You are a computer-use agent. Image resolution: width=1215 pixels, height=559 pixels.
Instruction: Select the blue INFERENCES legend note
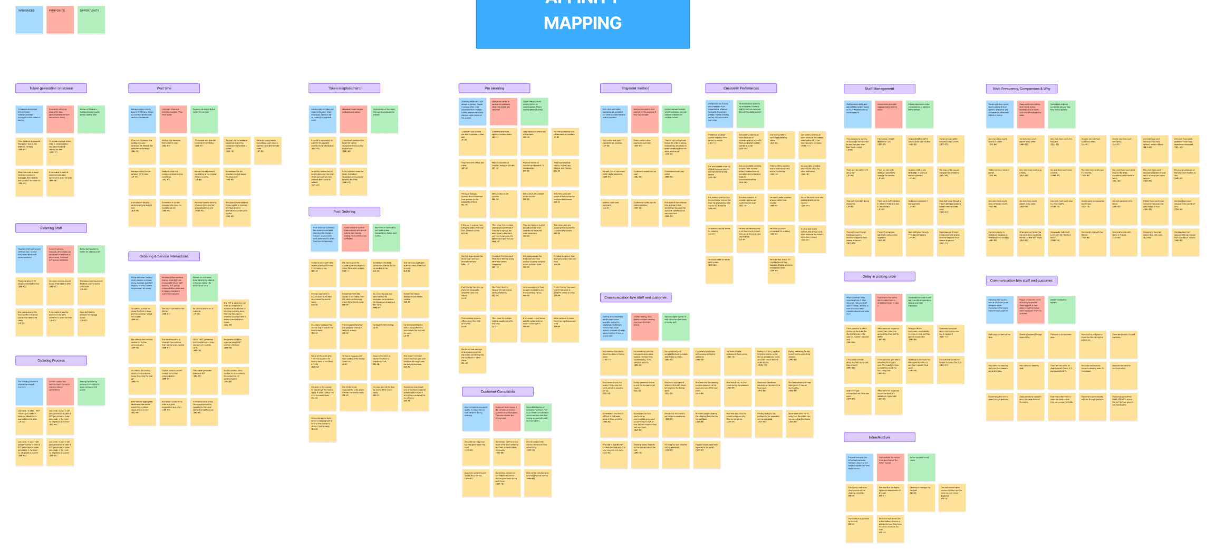point(29,20)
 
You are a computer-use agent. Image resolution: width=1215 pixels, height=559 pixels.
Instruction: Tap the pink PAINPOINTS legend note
point(60,20)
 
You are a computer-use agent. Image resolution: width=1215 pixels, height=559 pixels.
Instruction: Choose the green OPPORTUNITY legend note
point(91,20)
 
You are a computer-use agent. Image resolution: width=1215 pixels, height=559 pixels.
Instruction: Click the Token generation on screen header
point(51,89)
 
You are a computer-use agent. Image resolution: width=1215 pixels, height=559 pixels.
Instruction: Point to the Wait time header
point(164,89)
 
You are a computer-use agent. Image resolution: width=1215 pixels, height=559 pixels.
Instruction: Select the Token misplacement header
point(344,89)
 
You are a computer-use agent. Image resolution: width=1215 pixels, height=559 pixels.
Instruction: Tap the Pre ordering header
point(494,89)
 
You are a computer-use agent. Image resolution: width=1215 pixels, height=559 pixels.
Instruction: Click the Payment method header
point(635,89)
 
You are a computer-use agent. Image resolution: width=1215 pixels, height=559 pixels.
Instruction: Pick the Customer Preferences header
point(741,89)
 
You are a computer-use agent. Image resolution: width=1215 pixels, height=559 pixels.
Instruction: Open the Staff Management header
point(879,89)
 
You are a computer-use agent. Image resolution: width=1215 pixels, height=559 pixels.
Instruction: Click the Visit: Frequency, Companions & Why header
point(1021,89)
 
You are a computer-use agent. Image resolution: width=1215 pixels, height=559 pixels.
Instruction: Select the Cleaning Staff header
point(51,228)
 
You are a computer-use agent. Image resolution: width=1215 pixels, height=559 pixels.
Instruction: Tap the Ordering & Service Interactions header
point(164,256)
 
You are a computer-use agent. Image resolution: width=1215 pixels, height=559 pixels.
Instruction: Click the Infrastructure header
point(879,437)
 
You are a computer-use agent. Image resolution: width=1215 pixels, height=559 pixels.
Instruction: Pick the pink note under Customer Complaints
point(507,417)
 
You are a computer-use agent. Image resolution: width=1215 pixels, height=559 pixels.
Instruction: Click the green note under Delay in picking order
point(920,308)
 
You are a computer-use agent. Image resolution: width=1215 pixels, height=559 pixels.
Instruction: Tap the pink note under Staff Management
point(889,114)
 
